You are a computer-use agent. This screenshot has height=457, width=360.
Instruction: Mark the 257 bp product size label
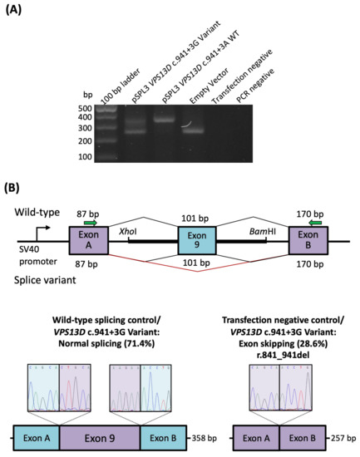(344, 437)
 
